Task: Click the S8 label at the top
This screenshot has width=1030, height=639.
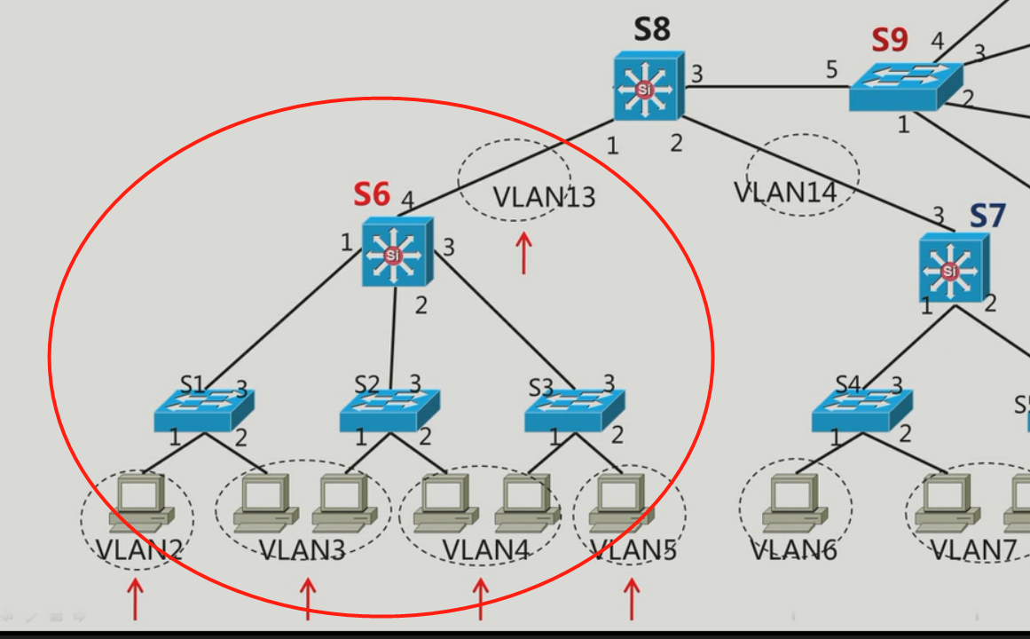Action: point(652,29)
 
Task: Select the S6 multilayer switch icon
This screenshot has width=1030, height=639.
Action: point(397,252)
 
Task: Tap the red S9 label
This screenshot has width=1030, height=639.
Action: point(890,40)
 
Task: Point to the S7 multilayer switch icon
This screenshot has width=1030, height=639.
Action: point(954,267)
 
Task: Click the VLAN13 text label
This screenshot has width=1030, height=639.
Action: point(544,197)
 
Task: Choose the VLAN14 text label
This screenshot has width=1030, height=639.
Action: point(785,193)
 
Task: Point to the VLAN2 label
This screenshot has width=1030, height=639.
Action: point(139,550)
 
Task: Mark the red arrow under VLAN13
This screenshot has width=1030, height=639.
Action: point(523,252)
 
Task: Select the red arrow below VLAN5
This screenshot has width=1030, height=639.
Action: point(632,599)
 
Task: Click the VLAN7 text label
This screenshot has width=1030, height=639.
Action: point(973,550)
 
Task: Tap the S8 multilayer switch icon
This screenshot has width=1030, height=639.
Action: point(649,86)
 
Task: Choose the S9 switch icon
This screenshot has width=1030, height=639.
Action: point(906,87)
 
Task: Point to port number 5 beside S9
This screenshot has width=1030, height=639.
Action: point(831,69)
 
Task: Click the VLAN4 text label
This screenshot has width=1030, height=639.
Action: point(485,550)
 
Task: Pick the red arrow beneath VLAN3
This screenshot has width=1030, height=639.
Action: point(308,599)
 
